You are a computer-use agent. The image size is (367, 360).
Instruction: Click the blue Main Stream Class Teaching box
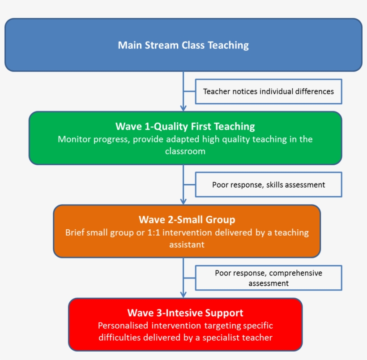pyautogui.click(x=183, y=45)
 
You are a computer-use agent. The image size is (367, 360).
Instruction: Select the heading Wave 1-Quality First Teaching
pyautogui.click(x=185, y=126)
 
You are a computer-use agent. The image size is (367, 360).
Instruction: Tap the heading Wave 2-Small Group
pyautogui.click(x=187, y=220)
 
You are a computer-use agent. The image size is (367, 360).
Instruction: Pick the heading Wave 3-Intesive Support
pyautogui.click(x=185, y=313)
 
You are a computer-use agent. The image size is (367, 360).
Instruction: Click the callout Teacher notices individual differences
pyautogui.click(x=268, y=91)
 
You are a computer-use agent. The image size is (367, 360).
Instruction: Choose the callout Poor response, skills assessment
pyautogui.click(x=268, y=184)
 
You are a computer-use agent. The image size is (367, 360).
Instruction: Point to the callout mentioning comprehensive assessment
pyautogui.click(x=268, y=278)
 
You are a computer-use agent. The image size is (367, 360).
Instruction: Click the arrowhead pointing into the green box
pyautogui.click(x=183, y=107)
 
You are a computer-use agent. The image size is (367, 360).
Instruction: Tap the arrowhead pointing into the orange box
pyautogui.click(x=183, y=201)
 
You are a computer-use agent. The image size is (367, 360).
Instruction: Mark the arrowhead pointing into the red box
pyautogui.click(x=183, y=294)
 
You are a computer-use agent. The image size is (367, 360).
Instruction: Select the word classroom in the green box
pyautogui.click(x=185, y=151)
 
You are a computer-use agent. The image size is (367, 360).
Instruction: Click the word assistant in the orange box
pyautogui.click(x=187, y=245)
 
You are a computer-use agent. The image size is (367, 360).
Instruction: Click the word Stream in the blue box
pyautogui.click(x=164, y=45)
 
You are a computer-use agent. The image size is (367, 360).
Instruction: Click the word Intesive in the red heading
pyautogui.click(x=175, y=313)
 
